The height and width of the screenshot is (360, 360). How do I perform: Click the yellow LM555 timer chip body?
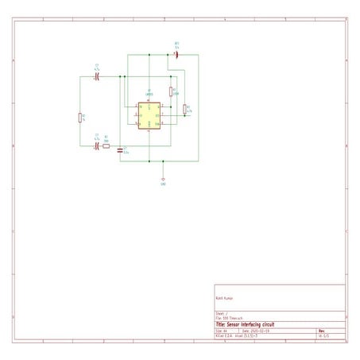148,116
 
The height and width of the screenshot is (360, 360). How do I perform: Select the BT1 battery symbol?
176,55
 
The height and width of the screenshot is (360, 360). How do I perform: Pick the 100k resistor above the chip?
172,91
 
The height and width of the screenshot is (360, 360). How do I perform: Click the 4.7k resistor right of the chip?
185,110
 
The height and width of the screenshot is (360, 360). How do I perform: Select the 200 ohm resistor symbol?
106,146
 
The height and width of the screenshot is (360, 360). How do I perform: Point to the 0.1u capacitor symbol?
120,149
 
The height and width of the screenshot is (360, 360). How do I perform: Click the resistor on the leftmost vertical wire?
80,118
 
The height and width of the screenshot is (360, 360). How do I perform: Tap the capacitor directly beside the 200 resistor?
96,146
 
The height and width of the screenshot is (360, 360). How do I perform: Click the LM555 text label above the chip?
149,94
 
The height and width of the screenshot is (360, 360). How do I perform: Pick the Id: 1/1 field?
323,336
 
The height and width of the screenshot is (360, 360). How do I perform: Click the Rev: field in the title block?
322,331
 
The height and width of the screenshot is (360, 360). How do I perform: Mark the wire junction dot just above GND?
163,161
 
